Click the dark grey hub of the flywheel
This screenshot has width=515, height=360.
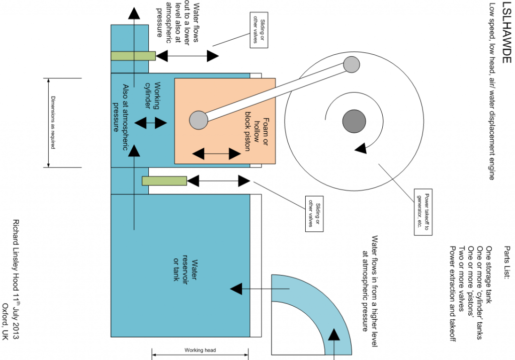[354, 121]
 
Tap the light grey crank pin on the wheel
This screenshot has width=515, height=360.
[352, 64]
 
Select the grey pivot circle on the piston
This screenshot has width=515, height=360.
[198, 119]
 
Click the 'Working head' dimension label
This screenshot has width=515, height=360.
[200, 350]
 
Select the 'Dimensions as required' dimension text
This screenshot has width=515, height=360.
[52, 122]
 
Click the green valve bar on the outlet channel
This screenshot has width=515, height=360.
[133, 56]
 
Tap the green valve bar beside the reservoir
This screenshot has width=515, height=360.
[164, 180]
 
